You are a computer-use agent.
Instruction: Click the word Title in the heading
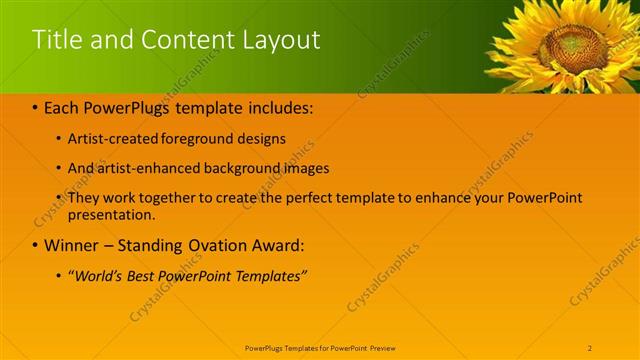pos(55,40)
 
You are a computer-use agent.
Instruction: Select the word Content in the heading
pos(183,40)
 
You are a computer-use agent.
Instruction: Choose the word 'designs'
pos(261,139)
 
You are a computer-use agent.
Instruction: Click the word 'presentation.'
pos(112,214)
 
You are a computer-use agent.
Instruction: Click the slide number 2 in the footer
pos(590,347)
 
